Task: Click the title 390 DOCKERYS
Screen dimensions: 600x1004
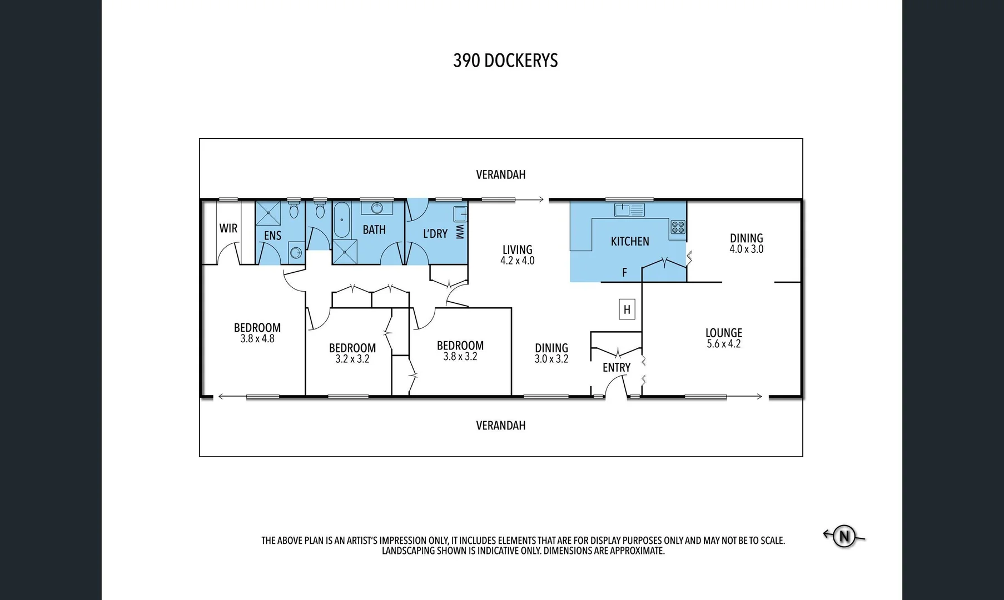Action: (x=505, y=61)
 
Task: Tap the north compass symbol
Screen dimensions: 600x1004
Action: (x=844, y=536)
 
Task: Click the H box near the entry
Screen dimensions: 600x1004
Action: (x=627, y=309)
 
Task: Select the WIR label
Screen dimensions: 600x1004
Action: (x=228, y=228)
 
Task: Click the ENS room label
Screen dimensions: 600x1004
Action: (x=272, y=236)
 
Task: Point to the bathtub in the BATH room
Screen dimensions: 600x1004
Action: (x=341, y=220)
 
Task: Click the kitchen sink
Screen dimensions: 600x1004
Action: (x=629, y=210)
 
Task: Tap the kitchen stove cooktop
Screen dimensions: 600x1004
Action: (x=677, y=227)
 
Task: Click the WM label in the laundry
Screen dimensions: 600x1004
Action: (x=459, y=232)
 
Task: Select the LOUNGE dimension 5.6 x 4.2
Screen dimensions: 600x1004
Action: (x=723, y=344)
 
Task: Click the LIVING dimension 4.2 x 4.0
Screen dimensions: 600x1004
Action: (x=517, y=261)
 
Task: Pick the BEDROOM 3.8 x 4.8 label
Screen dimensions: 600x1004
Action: (x=257, y=328)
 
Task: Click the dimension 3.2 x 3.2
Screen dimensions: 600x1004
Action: (x=352, y=359)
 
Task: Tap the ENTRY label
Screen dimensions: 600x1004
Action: (x=616, y=368)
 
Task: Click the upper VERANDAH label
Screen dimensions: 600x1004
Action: (x=500, y=174)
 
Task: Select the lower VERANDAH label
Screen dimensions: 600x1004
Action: (x=500, y=426)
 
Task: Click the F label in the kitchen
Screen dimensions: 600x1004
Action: (x=624, y=272)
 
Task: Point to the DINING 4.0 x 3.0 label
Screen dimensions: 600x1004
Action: (x=746, y=238)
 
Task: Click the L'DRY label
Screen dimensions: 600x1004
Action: (x=435, y=234)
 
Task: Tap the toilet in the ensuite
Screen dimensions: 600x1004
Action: (x=294, y=211)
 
